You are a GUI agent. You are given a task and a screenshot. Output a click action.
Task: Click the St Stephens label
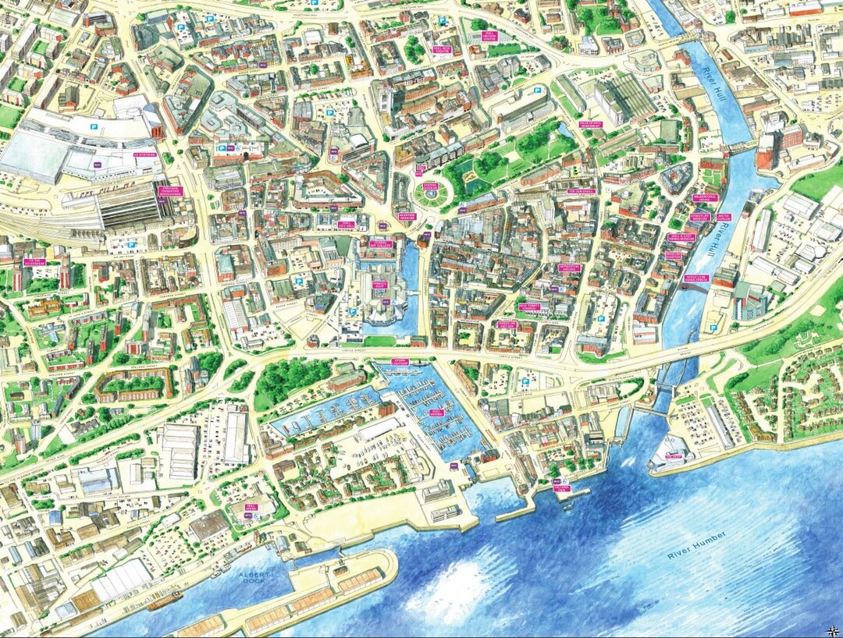click(145, 155)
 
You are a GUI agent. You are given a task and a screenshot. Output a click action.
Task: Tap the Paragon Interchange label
click(170, 192)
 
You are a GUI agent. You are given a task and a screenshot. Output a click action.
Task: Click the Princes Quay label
click(380, 285)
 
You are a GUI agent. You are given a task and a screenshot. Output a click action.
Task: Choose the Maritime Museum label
click(406, 217)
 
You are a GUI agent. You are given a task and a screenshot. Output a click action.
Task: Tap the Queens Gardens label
click(431, 187)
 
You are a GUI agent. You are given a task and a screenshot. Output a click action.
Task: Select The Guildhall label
click(582, 191)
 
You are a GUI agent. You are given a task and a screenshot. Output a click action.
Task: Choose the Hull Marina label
click(436, 413)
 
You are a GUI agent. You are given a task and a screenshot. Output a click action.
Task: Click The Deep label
click(673, 456)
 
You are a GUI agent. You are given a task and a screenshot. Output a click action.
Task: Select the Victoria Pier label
click(562, 490)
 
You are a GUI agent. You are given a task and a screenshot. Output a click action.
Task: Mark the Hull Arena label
click(251, 507)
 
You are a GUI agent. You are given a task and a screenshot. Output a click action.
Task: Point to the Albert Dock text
click(254, 577)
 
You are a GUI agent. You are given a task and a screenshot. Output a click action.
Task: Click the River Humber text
click(696, 544)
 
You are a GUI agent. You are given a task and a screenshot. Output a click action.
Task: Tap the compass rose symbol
click(833, 629)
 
